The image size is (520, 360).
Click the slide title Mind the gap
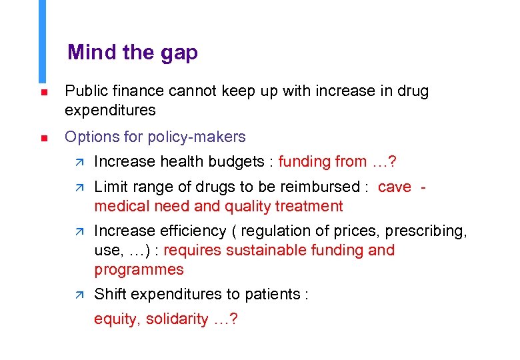[x=132, y=52]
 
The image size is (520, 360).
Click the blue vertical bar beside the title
[x=43, y=40]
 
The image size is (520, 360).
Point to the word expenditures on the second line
[x=110, y=110]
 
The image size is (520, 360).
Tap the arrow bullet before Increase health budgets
[x=77, y=162]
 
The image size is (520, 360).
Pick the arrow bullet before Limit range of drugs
[x=77, y=187]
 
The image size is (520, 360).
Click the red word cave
[x=395, y=187]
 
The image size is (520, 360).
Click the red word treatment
[x=309, y=206]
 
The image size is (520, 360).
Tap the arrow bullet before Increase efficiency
[x=77, y=231]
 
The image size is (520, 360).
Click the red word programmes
[x=139, y=269]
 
